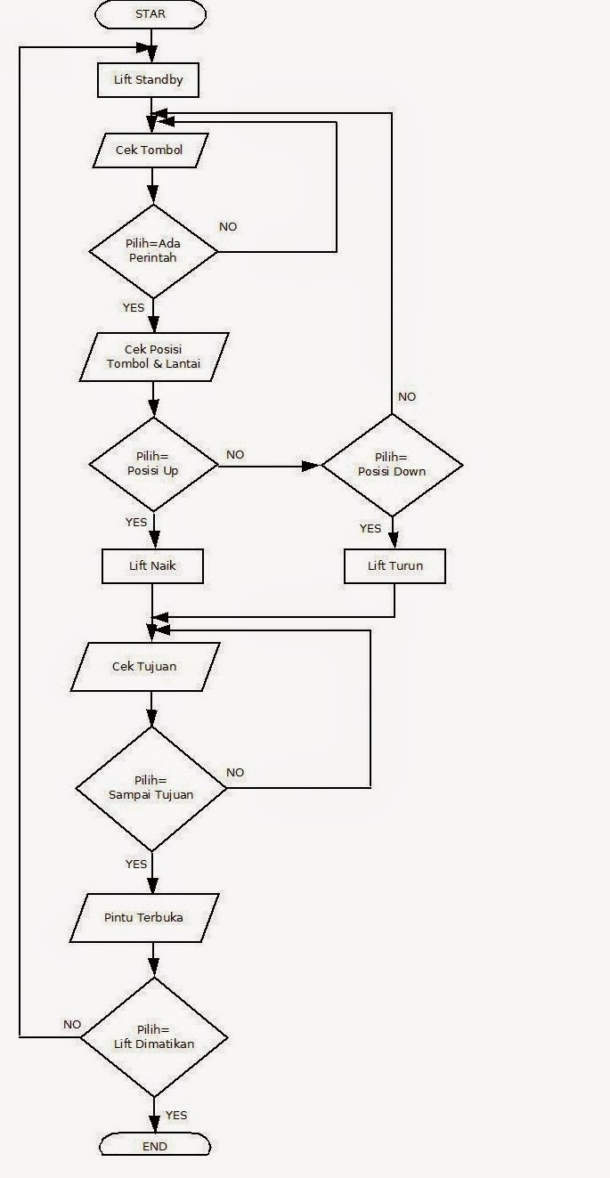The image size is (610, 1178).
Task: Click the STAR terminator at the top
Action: [151, 14]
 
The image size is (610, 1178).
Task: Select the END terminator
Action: [154, 1146]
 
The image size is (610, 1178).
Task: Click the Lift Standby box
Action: [148, 79]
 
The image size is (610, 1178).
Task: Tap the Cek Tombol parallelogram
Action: [150, 150]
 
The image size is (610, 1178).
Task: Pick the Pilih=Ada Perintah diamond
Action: [153, 251]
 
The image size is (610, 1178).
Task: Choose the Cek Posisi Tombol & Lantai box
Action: [154, 356]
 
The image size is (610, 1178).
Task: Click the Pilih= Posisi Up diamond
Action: [153, 464]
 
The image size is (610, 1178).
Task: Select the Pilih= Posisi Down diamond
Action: [392, 465]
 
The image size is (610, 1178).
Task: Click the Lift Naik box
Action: [154, 565]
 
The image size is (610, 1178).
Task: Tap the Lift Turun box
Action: [394, 565]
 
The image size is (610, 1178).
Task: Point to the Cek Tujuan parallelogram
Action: [144, 667]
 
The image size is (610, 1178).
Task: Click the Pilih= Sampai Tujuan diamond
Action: [151, 788]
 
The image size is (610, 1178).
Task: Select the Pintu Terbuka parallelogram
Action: [144, 917]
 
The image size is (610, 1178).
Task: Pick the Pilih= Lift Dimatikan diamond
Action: [154, 1037]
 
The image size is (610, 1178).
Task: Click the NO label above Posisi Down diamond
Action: [407, 397]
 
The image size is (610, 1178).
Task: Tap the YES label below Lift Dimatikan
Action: [176, 1115]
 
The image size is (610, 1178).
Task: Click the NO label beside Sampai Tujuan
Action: [235, 772]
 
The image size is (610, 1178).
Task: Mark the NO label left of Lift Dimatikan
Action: [72, 1025]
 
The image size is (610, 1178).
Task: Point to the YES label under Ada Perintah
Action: [134, 307]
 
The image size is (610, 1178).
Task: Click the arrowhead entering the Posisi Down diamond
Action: [313, 465]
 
